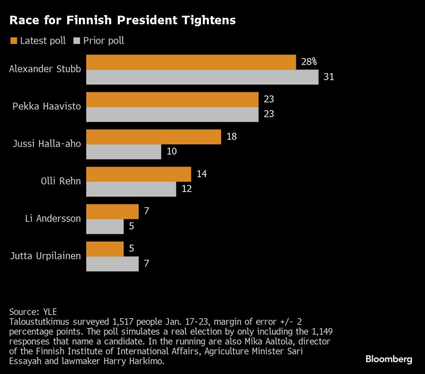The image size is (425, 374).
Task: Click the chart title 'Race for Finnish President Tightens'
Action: point(122,21)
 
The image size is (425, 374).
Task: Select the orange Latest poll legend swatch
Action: point(13,41)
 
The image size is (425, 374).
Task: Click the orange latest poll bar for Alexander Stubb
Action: point(191,62)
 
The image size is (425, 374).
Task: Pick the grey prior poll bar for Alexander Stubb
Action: point(202,77)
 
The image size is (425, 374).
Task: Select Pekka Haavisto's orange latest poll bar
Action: point(172,99)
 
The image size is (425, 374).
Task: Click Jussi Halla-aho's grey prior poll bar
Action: point(123,152)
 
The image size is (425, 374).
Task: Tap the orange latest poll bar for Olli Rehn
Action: point(138,174)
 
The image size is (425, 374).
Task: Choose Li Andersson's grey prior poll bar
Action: point(105,226)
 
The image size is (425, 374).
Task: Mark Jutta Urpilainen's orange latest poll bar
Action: point(105,249)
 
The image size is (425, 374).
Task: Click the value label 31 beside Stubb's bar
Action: point(329,77)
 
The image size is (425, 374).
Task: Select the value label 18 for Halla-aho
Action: point(231,137)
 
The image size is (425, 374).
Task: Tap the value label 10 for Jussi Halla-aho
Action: point(172,152)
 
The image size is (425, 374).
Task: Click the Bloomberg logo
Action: point(389,359)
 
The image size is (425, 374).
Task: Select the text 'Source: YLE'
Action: point(33,311)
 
